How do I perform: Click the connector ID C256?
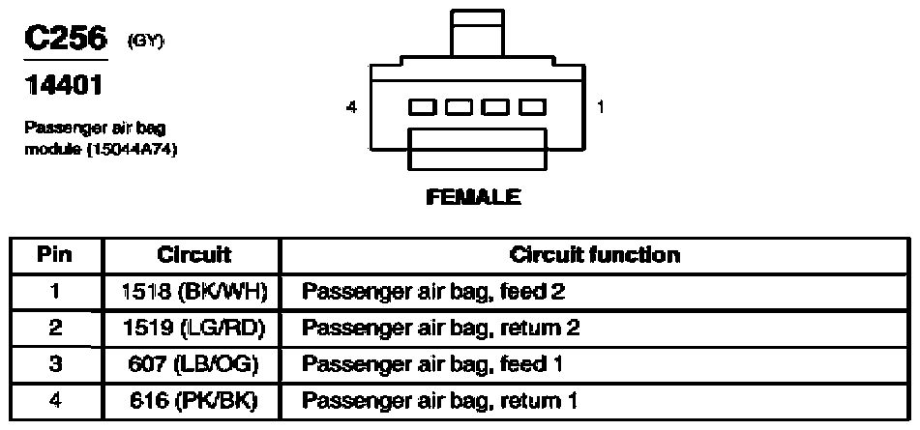tap(66, 39)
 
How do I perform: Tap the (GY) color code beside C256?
tap(145, 42)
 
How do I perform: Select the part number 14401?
tap(64, 86)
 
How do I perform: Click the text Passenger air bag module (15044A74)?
tap(101, 138)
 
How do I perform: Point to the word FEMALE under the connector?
tap(473, 197)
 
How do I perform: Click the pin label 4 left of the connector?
tap(351, 107)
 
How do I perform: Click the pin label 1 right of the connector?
tap(600, 106)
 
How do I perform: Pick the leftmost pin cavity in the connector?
tap(423, 106)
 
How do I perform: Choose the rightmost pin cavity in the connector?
tap(533, 106)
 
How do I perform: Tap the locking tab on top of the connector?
tap(477, 32)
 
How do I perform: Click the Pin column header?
tap(54, 255)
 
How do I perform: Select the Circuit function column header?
tap(594, 255)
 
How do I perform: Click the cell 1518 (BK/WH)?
tap(193, 291)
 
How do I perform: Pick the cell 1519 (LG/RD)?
tap(193, 328)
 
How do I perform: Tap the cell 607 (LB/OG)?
tap(193, 363)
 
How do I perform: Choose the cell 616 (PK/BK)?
tap(193, 401)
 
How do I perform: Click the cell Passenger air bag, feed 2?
tap(433, 291)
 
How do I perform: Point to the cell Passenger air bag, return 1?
tap(439, 401)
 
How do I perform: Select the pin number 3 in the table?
tap(55, 363)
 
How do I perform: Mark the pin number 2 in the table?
tap(55, 328)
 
